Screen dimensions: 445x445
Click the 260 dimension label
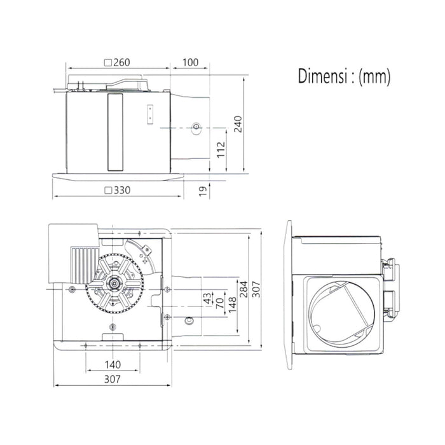[x=121, y=62]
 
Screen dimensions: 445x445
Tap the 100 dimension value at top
[x=190, y=62]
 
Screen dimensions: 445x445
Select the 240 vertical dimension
[x=238, y=125]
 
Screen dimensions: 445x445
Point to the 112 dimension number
[x=221, y=149]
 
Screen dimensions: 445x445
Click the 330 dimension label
[x=122, y=190]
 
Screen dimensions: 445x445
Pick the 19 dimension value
[x=203, y=191]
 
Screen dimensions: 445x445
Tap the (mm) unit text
[x=374, y=77]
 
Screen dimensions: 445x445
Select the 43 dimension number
[x=207, y=299]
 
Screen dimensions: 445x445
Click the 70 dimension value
[x=220, y=303]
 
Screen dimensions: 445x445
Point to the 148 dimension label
[x=232, y=305]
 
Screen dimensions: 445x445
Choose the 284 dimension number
[x=243, y=289]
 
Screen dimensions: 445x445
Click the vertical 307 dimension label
[x=256, y=289]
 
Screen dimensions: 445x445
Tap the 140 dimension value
[x=113, y=365]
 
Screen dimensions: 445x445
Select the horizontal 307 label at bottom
[x=113, y=379]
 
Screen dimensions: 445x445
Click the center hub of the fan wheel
[x=114, y=284]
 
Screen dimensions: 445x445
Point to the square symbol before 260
[x=108, y=63]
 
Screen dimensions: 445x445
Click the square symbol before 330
[x=108, y=191]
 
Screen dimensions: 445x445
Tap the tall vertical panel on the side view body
[x=115, y=132]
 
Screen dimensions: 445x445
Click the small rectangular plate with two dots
[x=150, y=114]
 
